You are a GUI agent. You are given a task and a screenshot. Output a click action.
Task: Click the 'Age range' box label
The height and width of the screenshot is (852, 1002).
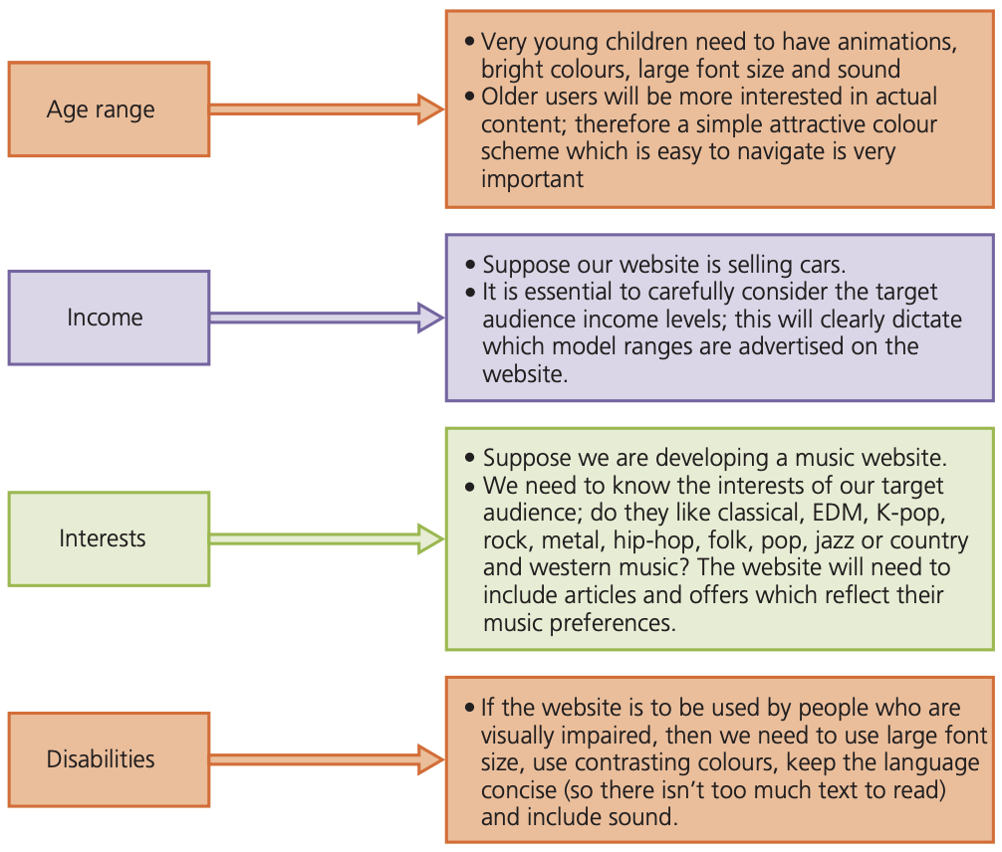(101, 109)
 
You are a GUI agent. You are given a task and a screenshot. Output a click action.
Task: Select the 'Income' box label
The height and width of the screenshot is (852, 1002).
(105, 318)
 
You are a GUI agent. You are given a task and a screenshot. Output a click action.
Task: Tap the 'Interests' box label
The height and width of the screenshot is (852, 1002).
(103, 538)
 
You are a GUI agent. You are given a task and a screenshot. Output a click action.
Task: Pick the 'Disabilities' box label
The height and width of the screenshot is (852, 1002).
(101, 758)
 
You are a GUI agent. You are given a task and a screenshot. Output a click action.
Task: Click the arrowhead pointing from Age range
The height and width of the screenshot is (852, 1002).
(430, 109)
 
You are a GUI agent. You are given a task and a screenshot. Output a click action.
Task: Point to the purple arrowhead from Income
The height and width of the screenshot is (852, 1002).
(430, 318)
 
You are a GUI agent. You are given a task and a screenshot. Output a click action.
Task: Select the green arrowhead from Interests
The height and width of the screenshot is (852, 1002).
(430, 538)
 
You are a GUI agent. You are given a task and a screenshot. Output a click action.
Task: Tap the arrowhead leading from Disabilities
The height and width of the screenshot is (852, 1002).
(430, 759)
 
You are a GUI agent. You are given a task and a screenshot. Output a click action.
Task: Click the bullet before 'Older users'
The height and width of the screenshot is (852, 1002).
(470, 97)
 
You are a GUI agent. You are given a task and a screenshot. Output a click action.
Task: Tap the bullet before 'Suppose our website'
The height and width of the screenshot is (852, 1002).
(471, 265)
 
